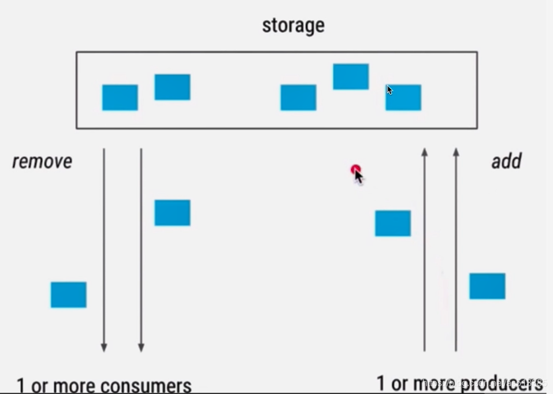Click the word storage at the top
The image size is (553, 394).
pyautogui.click(x=293, y=25)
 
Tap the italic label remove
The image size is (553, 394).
pyautogui.click(x=42, y=161)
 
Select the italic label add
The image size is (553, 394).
pyautogui.click(x=506, y=161)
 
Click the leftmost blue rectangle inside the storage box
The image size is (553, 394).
pyautogui.click(x=120, y=97)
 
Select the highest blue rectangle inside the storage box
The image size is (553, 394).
pyautogui.click(x=351, y=76)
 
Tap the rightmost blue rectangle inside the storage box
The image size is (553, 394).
pyautogui.click(x=403, y=97)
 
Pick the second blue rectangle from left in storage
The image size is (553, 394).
pyautogui.click(x=172, y=87)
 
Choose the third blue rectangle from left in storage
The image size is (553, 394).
pyautogui.click(x=298, y=97)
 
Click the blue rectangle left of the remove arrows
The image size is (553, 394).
pyautogui.click(x=68, y=295)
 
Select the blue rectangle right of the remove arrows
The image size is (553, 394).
pyautogui.click(x=172, y=213)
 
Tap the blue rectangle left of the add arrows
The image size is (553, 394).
pyautogui.click(x=393, y=223)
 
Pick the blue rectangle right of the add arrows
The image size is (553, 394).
pyautogui.click(x=487, y=286)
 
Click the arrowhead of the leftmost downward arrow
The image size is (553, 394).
pyautogui.click(x=104, y=347)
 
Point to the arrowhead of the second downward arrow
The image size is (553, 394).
pyautogui.click(x=141, y=347)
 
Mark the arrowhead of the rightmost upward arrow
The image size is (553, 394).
pyautogui.click(x=456, y=153)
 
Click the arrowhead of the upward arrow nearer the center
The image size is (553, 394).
pyautogui.click(x=425, y=153)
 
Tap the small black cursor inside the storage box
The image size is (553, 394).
pyautogui.click(x=389, y=90)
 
